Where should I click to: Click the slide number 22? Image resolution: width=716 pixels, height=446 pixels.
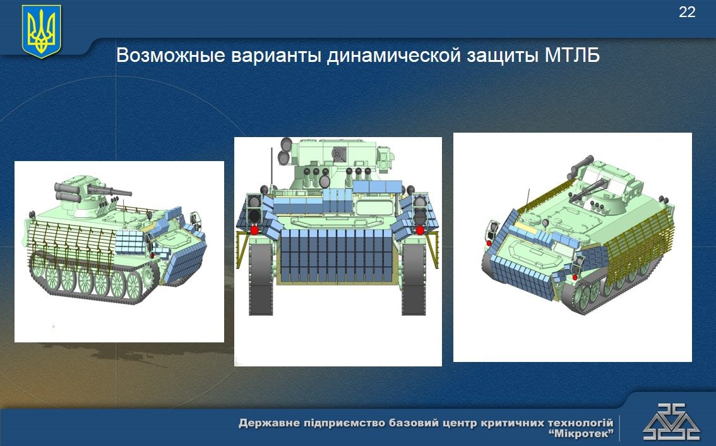(687, 12)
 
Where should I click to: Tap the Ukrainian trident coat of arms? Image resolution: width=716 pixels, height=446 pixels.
(42, 31)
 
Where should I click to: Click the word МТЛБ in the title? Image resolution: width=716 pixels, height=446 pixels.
(572, 56)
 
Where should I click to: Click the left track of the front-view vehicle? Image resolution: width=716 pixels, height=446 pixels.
(261, 279)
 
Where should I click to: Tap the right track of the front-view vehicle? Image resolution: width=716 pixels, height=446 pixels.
(414, 279)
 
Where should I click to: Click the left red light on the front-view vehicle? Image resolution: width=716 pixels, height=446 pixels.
(254, 230)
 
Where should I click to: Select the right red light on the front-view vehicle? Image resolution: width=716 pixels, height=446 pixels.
(420, 230)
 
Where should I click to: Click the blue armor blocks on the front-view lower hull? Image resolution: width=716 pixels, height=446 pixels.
(337, 255)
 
